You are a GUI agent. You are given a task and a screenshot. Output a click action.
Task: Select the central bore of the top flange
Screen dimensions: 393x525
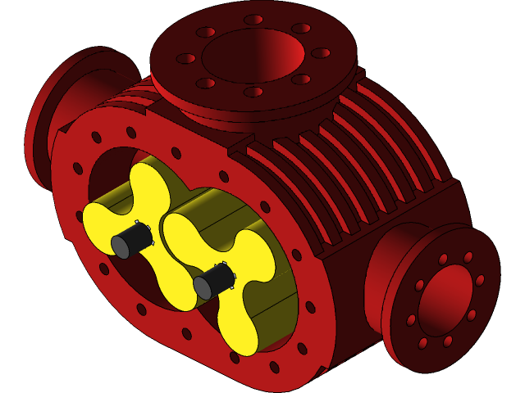[253, 54]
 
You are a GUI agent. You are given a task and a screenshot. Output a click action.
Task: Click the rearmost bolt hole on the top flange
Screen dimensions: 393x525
[253, 20]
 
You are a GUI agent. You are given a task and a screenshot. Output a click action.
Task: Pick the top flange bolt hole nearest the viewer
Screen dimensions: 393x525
[253, 92]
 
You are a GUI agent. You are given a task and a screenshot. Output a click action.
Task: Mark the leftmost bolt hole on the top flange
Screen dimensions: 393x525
[186, 58]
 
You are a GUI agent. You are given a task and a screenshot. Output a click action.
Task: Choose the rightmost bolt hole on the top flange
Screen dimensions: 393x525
[321, 53]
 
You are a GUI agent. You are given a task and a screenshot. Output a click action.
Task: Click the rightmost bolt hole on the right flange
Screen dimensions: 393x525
[480, 280]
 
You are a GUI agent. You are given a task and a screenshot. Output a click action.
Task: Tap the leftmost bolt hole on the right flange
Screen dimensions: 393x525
[412, 319]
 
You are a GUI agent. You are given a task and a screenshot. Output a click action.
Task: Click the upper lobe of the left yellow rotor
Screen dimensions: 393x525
[148, 181]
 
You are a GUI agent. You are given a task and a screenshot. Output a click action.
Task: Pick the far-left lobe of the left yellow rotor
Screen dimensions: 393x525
[97, 218]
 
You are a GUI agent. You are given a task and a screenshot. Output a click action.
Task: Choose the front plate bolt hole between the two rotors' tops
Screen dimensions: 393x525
[176, 153]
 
